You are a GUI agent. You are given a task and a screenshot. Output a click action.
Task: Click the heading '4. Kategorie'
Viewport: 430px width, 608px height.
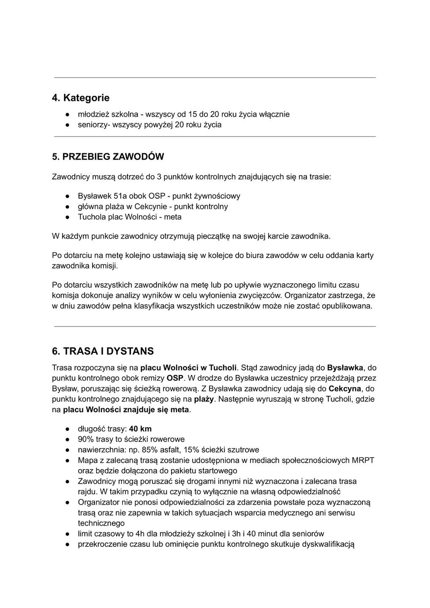pyautogui.click(x=80, y=98)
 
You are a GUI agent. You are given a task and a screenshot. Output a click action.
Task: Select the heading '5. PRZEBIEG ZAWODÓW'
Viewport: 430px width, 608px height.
pyautogui.click(x=108, y=157)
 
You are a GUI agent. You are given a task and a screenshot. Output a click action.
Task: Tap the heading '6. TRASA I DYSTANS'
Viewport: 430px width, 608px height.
pyautogui.click(x=103, y=351)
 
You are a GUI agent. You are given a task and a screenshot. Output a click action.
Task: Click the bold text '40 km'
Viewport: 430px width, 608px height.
pyautogui.click(x=140, y=429)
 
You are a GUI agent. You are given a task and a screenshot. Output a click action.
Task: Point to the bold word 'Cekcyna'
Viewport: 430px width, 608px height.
pyautogui.click(x=345, y=388)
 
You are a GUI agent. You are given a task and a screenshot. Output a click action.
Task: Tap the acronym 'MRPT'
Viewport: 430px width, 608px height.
pyautogui.click(x=363, y=460)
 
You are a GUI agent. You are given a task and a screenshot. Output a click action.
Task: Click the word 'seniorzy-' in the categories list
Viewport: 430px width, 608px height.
pyautogui.click(x=93, y=125)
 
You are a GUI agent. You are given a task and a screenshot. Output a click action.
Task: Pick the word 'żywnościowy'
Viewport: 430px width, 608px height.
pyautogui.click(x=217, y=196)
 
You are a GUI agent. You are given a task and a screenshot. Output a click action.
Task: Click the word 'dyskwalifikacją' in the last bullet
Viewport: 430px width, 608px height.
pyautogui.click(x=328, y=544)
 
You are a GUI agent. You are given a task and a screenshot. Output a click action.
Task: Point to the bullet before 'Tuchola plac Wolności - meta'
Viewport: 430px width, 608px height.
pyautogui.click(x=67, y=217)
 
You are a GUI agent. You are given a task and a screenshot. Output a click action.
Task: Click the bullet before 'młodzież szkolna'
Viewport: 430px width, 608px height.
pyautogui.click(x=67, y=114)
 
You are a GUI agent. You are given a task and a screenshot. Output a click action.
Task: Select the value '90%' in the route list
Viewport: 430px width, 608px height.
pyautogui.click(x=86, y=439)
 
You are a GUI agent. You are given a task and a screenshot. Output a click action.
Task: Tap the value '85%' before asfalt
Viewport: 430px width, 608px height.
pyautogui.click(x=150, y=450)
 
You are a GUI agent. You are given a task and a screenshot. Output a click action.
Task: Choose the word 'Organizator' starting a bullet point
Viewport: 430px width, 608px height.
pyautogui.click(x=98, y=502)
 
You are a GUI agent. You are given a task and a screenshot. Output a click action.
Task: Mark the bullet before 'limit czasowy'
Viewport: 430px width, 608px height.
pyautogui.click(x=67, y=534)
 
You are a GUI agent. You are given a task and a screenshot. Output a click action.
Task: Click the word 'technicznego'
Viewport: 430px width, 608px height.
pyautogui.click(x=101, y=523)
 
